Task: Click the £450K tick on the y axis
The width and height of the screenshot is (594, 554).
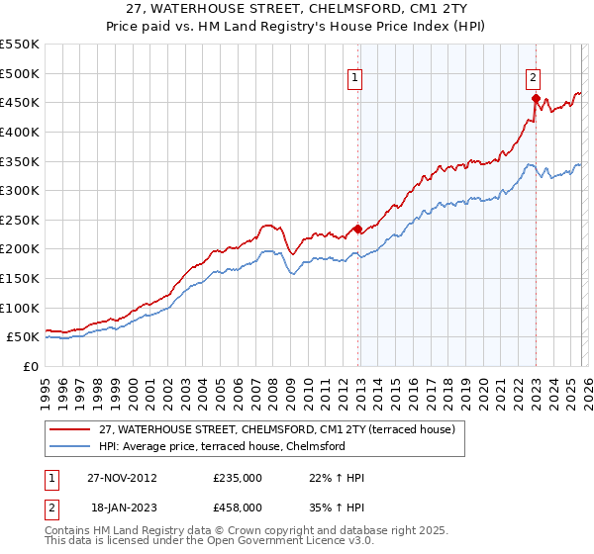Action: point(19,102)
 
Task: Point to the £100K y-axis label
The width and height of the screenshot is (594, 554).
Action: point(19,308)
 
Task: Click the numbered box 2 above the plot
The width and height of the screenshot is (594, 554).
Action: point(533,80)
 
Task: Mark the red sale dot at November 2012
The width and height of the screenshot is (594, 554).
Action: point(357,229)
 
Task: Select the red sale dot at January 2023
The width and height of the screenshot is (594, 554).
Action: point(536,98)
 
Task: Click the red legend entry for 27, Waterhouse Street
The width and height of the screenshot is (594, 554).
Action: point(276,429)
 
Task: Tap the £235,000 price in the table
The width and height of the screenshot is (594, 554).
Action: point(238,478)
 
